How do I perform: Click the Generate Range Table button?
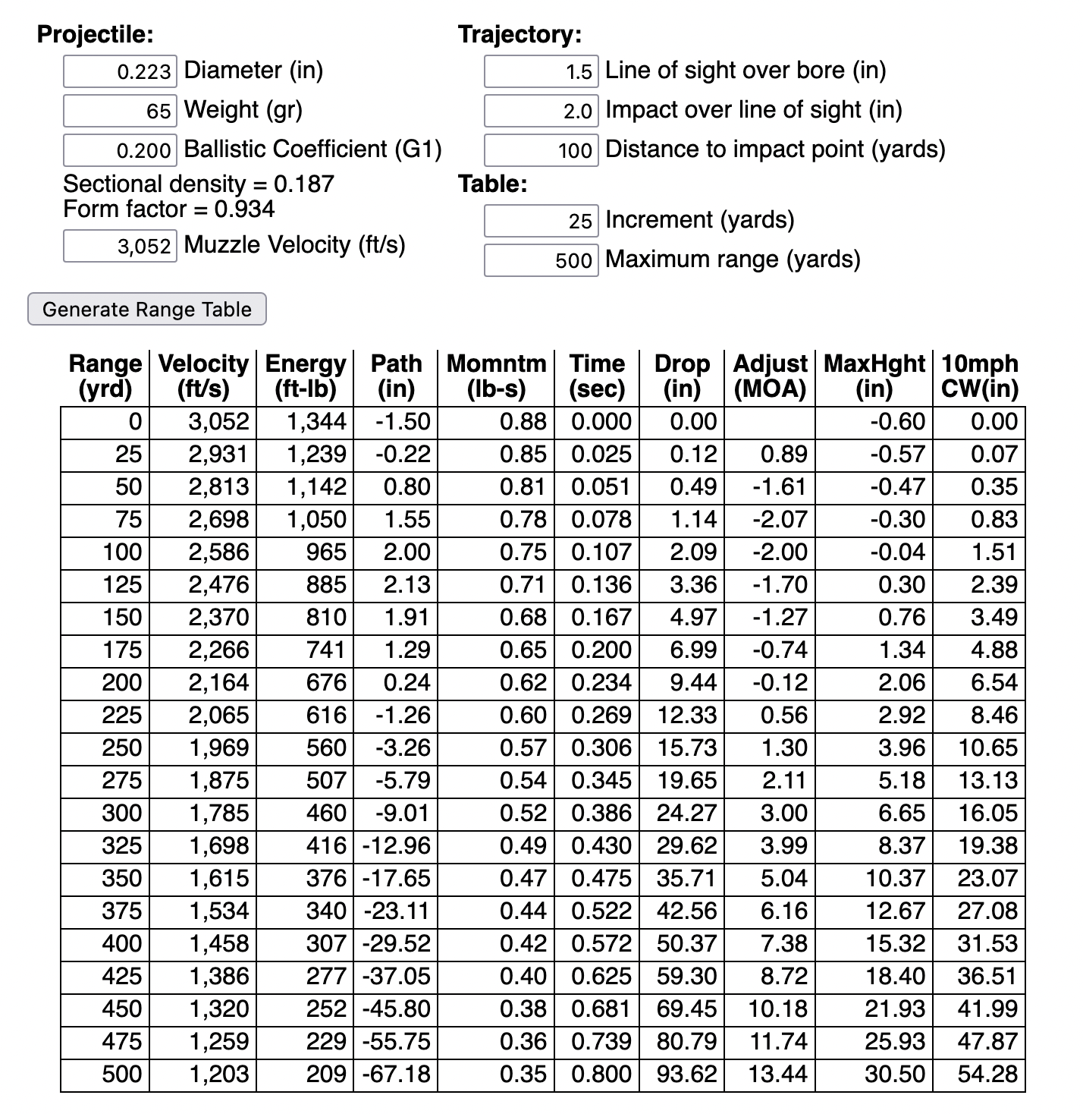coord(146,309)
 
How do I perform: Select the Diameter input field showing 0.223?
coord(120,71)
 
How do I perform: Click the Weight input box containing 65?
coord(120,111)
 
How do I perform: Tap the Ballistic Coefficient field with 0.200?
coord(120,150)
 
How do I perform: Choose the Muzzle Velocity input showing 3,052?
coord(120,246)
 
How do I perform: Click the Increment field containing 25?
coord(541,221)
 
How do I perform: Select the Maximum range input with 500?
coord(541,260)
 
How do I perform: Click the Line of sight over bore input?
coord(541,71)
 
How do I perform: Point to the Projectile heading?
coord(96,34)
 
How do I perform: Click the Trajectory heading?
coord(520,34)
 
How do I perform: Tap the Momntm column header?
coord(496,376)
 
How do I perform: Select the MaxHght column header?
coord(874,376)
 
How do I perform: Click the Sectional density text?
coord(198,184)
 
